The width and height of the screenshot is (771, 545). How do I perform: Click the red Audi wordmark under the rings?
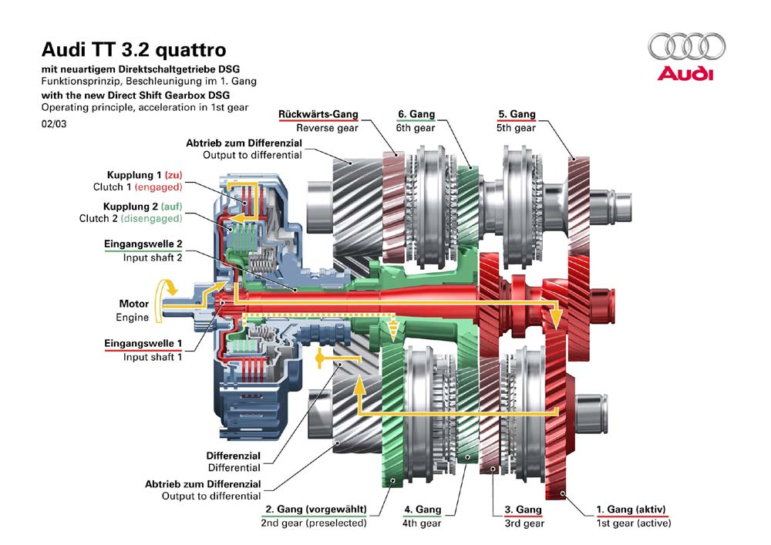pyautogui.click(x=685, y=74)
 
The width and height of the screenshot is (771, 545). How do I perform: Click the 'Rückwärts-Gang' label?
pyautogui.click(x=318, y=114)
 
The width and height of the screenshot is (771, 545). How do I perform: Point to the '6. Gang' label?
pyautogui.click(x=416, y=114)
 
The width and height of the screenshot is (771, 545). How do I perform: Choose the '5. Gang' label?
pyautogui.click(x=516, y=114)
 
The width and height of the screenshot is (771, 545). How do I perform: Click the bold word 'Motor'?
pyautogui.click(x=133, y=304)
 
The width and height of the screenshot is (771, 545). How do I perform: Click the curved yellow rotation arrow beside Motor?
pyautogui.click(x=166, y=299)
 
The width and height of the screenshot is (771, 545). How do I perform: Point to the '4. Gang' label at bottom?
pyautogui.click(x=423, y=510)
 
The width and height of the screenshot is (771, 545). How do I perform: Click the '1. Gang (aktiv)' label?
pyautogui.click(x=631, y=510)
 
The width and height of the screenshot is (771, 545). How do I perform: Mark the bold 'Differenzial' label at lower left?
pyautogui.click(x=234, y=456)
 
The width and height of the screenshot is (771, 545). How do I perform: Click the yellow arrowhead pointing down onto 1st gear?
pyautogui.click(x=554, y=315)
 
